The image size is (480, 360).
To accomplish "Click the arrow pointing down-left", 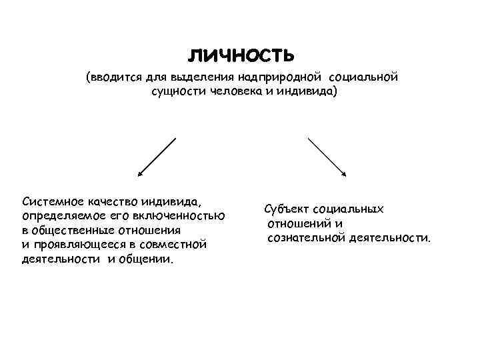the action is tap(157, 157).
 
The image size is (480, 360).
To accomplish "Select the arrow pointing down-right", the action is tap(326, 157).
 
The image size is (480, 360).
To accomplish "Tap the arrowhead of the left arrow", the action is tap(139, 175).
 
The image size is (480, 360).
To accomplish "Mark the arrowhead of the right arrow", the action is tap(344, 175).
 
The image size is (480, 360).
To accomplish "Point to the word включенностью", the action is tap(185, 215).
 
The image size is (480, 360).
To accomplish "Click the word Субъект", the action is tap(287, 209).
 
